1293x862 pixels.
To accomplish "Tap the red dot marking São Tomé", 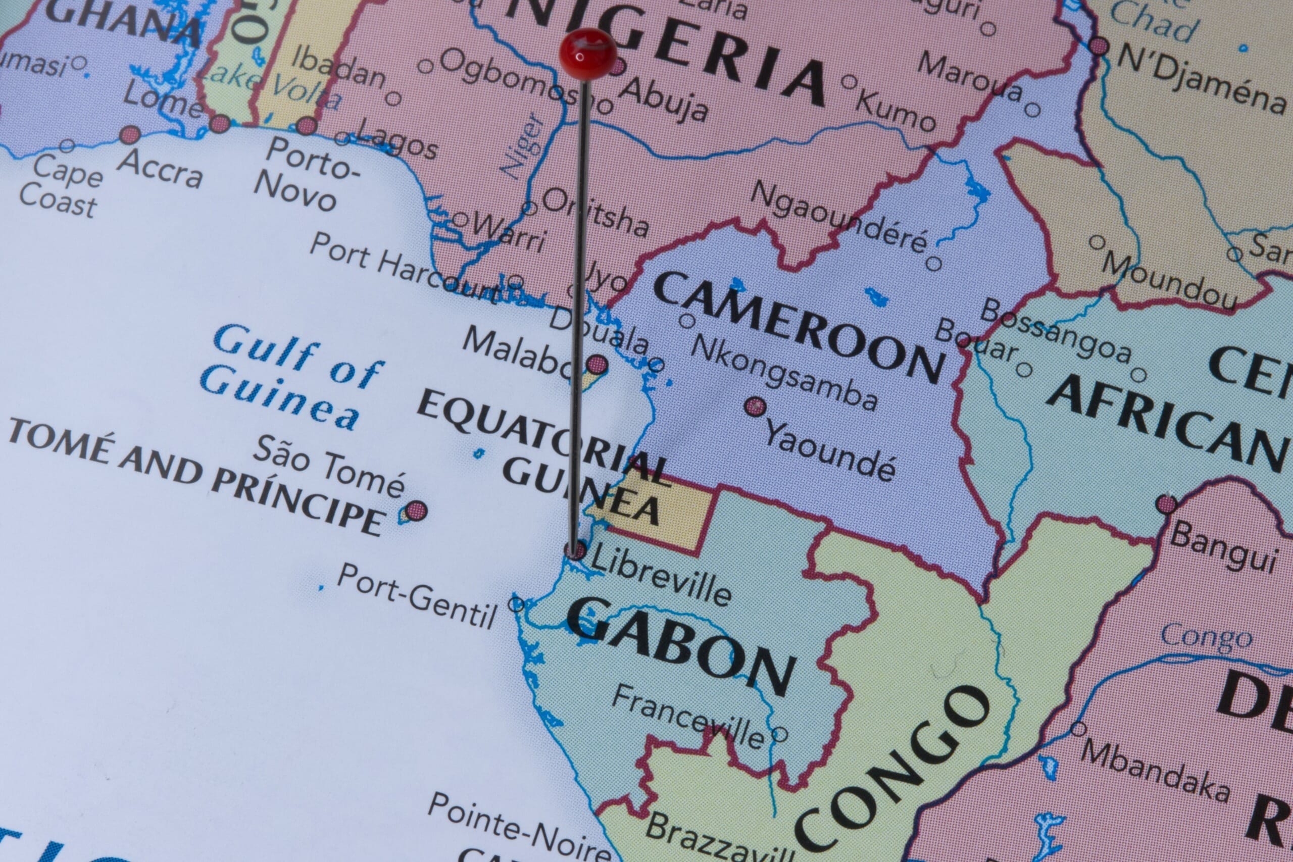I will pyautogui.click(x=417, y=510).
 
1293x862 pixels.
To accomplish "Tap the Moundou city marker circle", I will pyautogui.click(x=1097, y=242).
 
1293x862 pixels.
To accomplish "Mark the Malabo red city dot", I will pyautogui.click(x=597, y=364).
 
